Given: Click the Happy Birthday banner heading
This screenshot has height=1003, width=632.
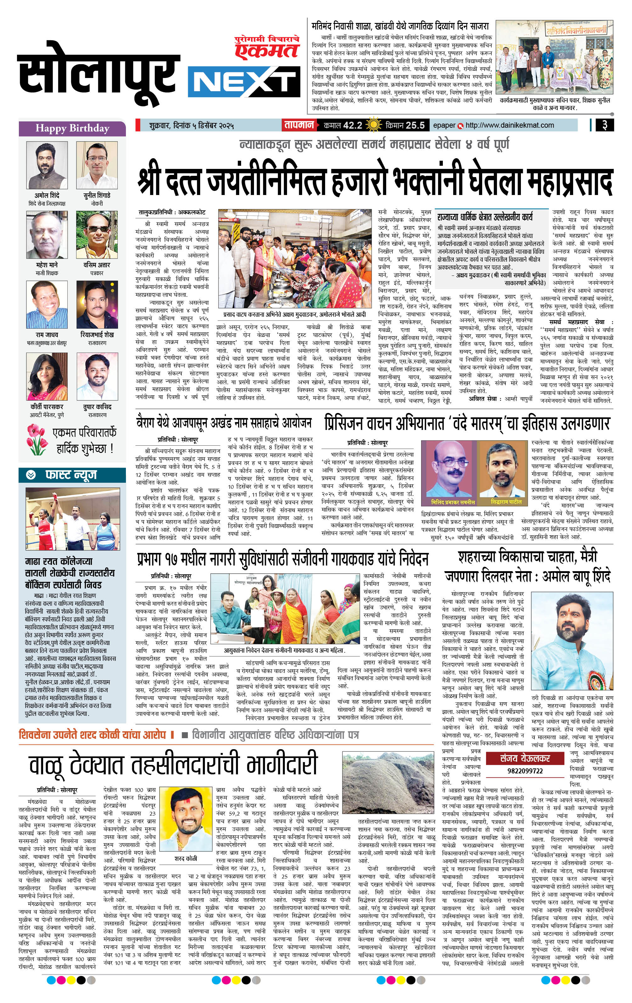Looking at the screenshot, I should (x=72, y=128).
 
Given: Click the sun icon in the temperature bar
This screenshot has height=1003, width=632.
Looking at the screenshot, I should (x=374, y=125).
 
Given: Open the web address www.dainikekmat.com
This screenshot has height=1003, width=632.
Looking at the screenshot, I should (x=510, y=125).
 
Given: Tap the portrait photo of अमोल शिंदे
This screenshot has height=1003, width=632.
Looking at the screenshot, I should (x=47, y=165).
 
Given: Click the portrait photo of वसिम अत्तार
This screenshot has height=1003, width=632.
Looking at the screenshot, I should (x=97, y=235).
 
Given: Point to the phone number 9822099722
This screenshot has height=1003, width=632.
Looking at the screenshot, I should (x=525, y=771).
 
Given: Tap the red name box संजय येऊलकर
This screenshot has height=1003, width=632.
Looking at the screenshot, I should (x=525, y=758).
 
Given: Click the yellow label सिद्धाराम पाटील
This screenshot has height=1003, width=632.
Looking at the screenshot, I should (x=506, y=502).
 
